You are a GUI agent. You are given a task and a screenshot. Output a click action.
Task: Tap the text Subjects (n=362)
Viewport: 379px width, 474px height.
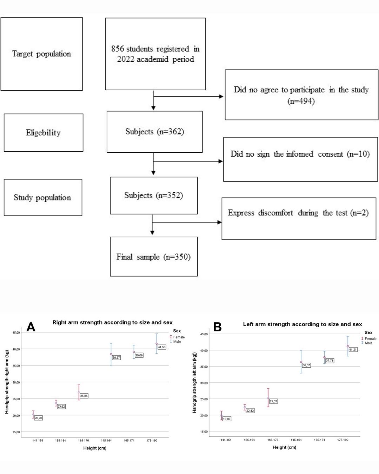(155, 132)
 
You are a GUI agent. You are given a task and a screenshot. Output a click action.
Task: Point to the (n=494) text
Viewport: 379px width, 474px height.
(301, 101)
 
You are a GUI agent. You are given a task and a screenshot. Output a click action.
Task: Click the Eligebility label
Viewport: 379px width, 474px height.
(43, 133)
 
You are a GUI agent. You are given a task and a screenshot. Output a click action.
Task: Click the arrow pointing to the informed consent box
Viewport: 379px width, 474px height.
(188, 161)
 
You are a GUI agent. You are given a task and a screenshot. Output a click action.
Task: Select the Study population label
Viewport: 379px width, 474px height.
(42, 197)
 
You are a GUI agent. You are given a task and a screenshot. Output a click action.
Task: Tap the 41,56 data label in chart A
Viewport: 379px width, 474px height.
(162, 347)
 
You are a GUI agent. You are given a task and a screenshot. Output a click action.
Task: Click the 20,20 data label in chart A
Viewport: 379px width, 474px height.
(38, 418)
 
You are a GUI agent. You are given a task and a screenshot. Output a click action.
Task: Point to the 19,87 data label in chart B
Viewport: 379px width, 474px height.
(227, 419)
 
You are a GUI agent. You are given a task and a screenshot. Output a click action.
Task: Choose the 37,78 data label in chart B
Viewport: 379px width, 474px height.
(330, 361)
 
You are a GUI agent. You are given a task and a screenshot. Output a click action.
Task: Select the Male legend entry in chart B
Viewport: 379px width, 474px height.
(367, 343)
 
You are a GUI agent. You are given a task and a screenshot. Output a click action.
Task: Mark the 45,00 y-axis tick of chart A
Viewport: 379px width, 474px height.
(16, 333)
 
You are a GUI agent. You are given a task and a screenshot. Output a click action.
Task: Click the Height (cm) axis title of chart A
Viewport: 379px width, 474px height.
(95, 448)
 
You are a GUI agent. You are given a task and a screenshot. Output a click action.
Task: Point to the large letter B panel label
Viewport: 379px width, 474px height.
(217, 327)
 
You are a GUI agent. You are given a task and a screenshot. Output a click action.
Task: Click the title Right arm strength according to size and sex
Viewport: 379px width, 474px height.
(112, 322)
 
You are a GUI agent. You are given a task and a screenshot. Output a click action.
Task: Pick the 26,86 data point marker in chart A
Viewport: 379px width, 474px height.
(79, 393)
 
